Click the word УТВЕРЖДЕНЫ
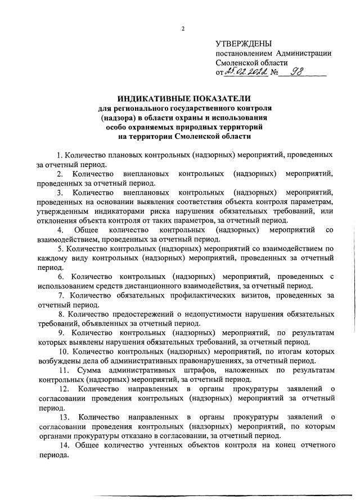[x=244, y=43]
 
